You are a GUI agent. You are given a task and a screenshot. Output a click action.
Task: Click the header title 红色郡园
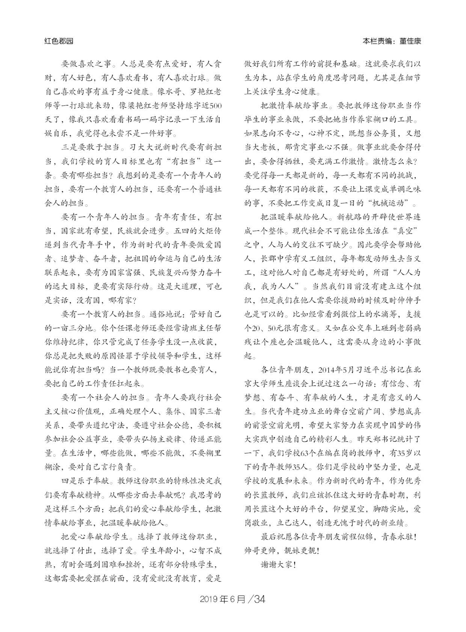pyautogui.click(x=59, y=41)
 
